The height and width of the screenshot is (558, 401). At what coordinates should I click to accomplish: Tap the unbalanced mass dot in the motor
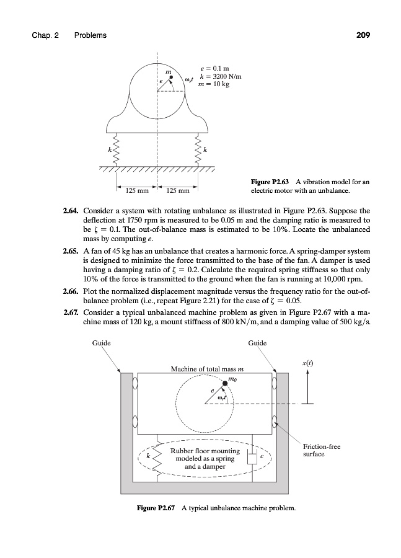pyautogui.click(x=172, y=77)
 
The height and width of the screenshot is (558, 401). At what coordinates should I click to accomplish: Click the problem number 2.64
pyautogui.click(x=72, y=211)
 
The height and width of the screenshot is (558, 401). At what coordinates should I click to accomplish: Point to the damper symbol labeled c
pyautogui.click(x=252, y=458)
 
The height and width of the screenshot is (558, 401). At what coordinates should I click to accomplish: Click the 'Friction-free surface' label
pyautogui.click(x=322, y=449)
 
